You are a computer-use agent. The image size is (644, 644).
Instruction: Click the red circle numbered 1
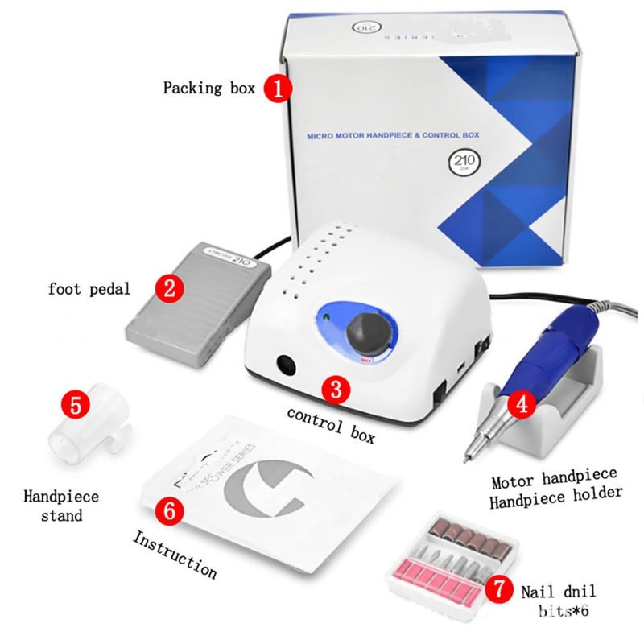278,88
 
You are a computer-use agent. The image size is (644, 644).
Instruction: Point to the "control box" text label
332,424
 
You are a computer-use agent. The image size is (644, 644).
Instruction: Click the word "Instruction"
174,554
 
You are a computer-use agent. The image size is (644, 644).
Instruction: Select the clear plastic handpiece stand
80,431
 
